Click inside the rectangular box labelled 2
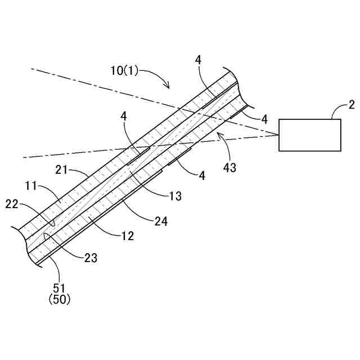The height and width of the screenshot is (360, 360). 310,135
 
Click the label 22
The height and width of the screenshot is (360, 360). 12,203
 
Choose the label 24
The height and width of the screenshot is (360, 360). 161,221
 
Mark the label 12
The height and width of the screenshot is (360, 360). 127,236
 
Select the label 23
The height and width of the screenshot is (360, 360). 91,258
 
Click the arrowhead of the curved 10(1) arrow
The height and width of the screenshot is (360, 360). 168,87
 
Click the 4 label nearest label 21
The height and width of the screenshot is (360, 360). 123,116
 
